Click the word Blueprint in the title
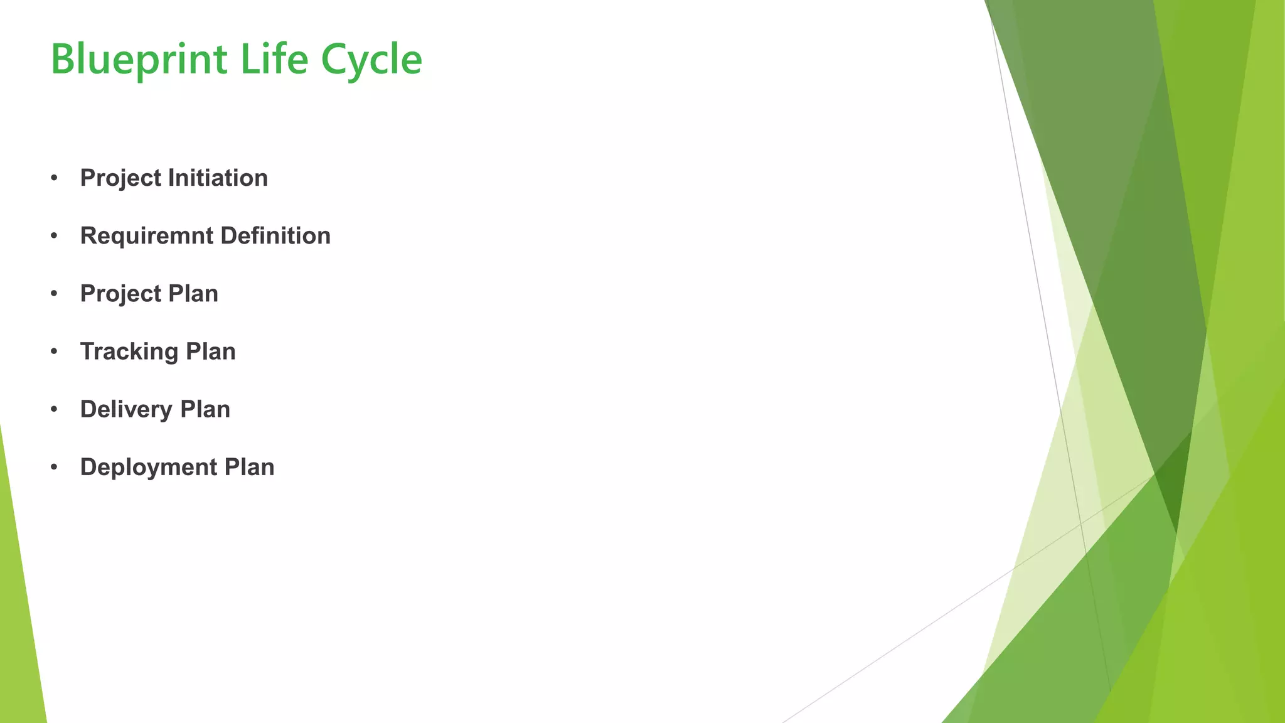(x=139, y=60)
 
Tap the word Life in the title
(x=274, y=60)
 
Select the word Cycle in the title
(x=371, y=60)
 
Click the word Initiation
(x=218, y=178)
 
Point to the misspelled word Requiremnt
(x=147, y=236)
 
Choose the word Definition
(x=275, y=236)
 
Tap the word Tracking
(x=129, y=351)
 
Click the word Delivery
(x=126, y=409)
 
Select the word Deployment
(x=149, y=468)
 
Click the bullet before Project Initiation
(x=55, y=178)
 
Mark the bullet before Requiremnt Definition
(x=55, y=236)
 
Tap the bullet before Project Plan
(x=55, y=294)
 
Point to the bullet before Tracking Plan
(x=55, y=351)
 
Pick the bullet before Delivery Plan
(x=55, y=409)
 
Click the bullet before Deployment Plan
(x=55, y=467)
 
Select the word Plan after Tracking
(x=211, y=351)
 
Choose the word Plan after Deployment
(x=250, y=467)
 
